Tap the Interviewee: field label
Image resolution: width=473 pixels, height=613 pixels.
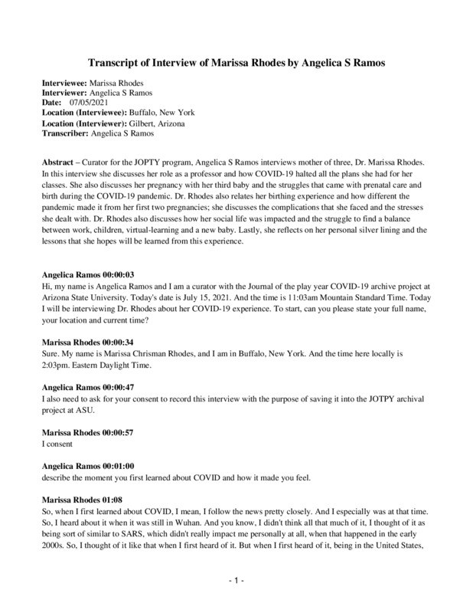point(65,83)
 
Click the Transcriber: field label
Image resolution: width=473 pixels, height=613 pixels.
point(64,133)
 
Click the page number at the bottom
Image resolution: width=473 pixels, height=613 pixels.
point(236,582)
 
